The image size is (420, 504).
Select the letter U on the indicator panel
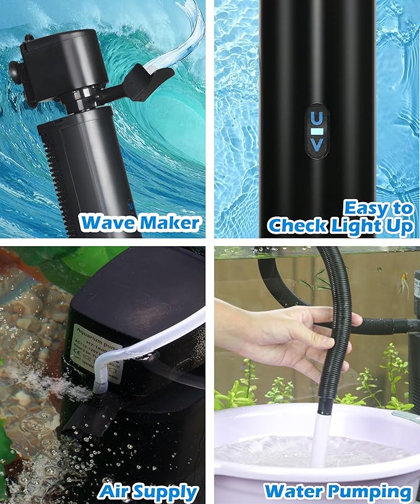(x=317, y=117)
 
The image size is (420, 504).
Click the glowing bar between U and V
(x=317, y=132)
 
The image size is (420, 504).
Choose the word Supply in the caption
(x=166, y=493)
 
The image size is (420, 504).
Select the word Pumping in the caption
(x=369, y=493)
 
